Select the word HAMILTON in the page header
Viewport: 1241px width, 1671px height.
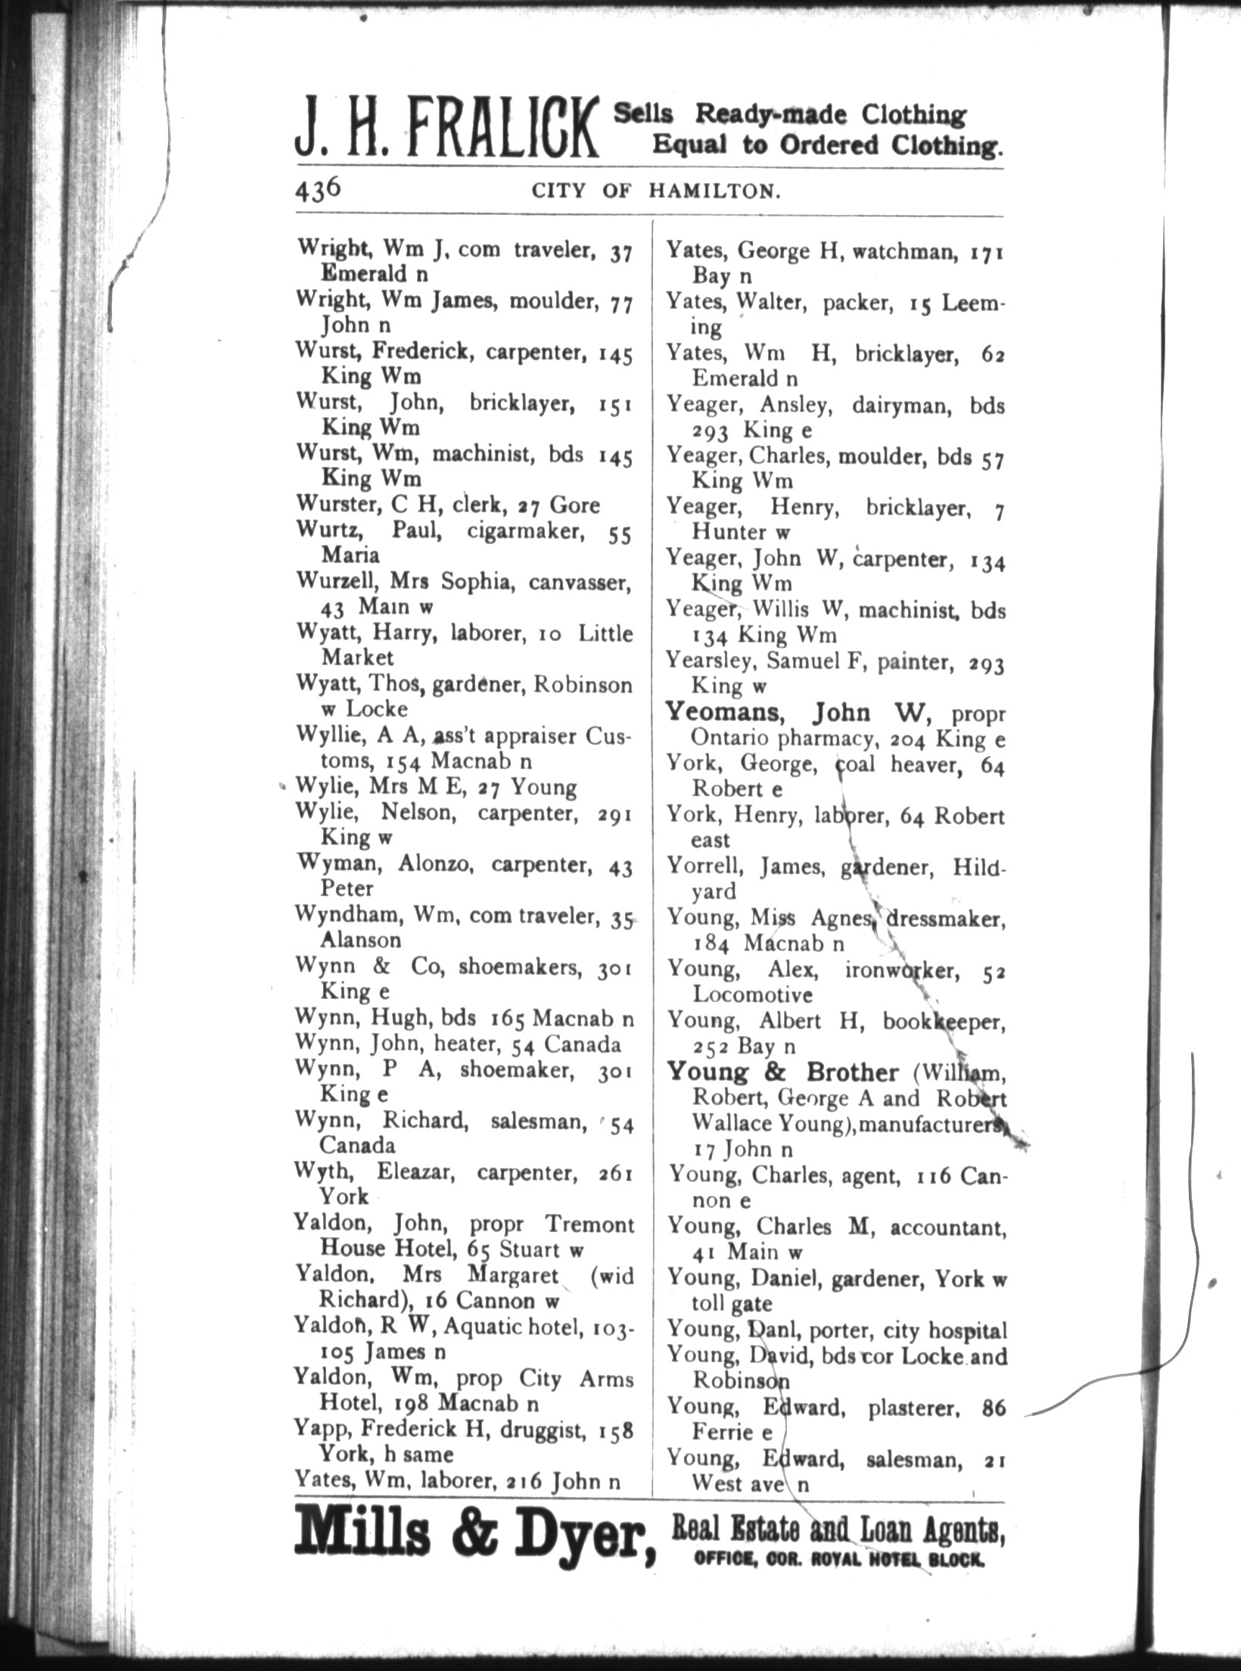pyautogui.click(x=714, y=191)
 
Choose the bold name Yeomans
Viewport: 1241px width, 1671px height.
pyautogui.click(x=731, y=713)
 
